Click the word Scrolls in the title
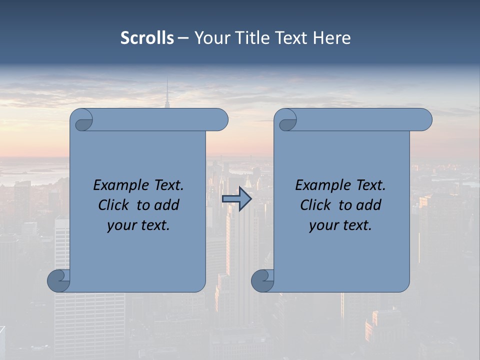[x=147, y=38]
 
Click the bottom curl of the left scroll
[x=59, y=280]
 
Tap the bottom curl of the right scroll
[x=262, y=280]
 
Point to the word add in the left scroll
[x=166, y=205]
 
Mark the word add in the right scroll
[x=368, y=205]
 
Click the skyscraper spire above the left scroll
[x=167, y=95]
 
